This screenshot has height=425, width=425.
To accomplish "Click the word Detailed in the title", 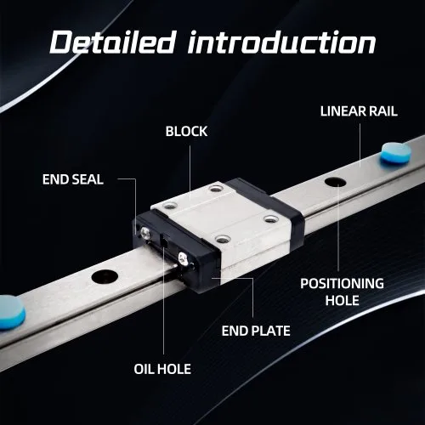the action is [111, 42].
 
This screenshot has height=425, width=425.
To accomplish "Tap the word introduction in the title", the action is [282, 42].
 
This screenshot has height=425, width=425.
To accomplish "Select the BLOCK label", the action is [186, 132].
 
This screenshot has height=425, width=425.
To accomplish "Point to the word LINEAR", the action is [343, 111].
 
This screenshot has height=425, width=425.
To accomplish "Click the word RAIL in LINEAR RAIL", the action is [382, 111].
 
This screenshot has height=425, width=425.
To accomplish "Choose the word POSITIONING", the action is [342, 284].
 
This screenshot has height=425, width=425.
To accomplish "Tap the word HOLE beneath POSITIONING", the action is [342, 300].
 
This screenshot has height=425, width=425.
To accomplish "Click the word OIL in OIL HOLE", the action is [144, 369].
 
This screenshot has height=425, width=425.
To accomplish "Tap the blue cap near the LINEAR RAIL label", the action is [396, 153].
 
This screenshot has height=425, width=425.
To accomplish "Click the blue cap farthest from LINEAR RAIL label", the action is [11, 313].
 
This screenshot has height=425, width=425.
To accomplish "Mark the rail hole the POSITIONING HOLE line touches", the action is [336, 182].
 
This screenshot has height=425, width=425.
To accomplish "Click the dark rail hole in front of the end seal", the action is [105, 276].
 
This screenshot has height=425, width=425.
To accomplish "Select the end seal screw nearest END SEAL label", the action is [145, 234].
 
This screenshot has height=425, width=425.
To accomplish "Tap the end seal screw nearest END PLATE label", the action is [183, 258].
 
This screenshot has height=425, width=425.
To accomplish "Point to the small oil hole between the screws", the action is [164, 241].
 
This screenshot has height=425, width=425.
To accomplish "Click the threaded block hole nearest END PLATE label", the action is [223, 239].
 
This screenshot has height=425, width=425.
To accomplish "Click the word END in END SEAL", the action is [55, 179].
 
